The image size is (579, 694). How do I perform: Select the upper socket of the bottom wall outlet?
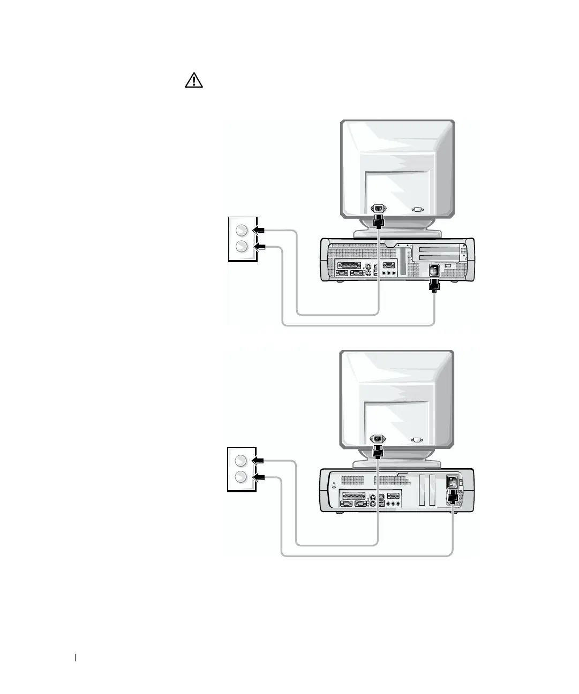241,460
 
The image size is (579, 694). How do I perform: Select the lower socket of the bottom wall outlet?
241,477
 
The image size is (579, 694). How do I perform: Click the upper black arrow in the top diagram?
259,230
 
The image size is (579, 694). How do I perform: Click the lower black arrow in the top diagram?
259,247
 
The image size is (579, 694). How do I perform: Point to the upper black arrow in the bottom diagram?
259,460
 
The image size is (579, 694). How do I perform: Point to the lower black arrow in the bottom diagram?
259,477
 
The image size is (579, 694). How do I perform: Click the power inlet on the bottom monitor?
379,439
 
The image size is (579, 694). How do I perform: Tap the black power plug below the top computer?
434,287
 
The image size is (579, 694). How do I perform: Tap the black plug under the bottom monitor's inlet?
378,452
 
